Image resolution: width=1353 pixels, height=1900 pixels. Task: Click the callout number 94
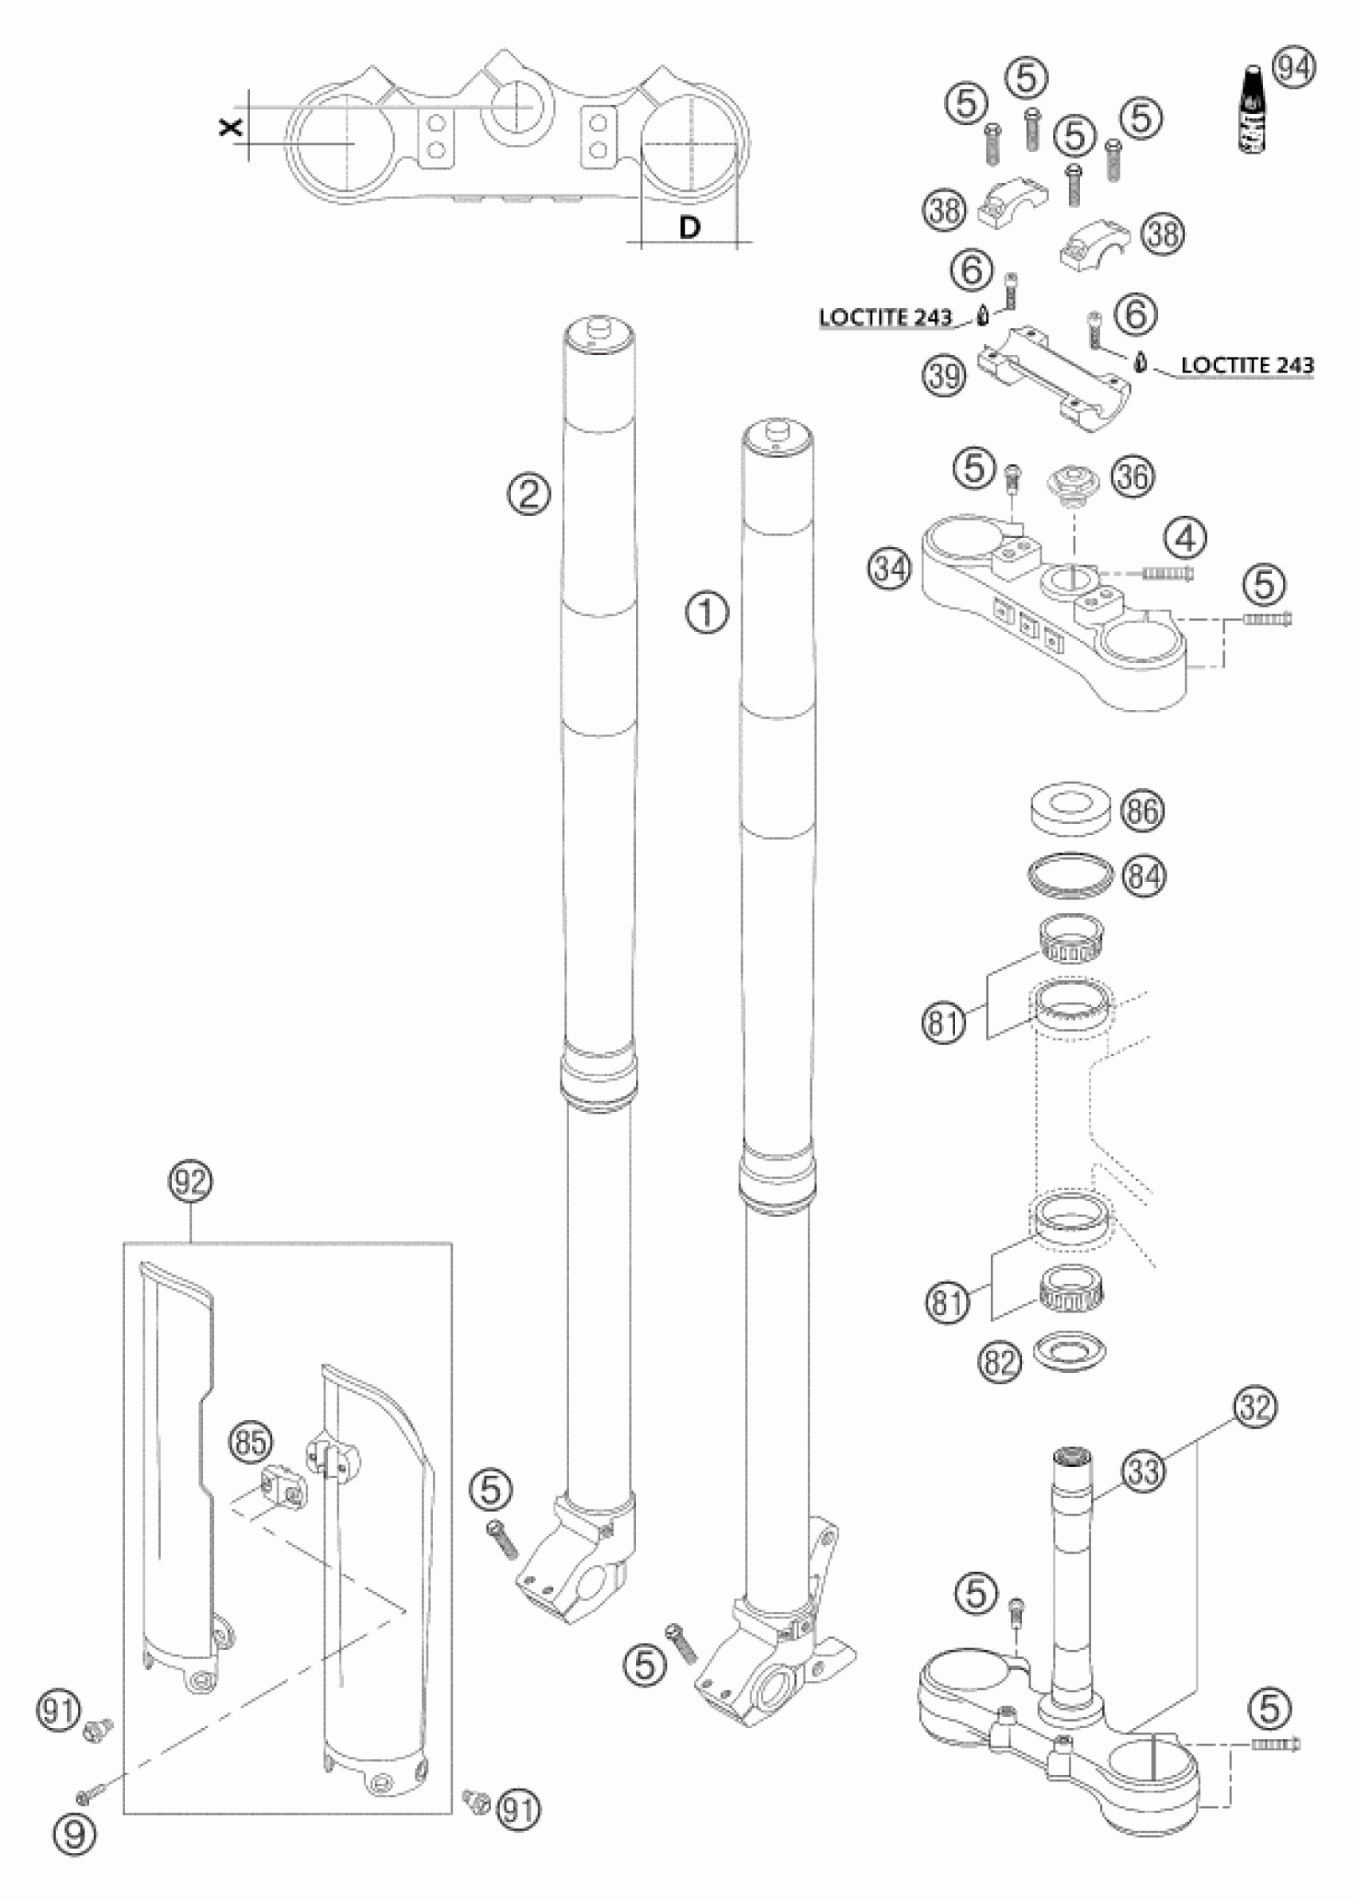(x=1294, y=70)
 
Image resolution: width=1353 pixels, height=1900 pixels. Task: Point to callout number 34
(x=889, y=572)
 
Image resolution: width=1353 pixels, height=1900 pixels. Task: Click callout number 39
(x=944, y=376)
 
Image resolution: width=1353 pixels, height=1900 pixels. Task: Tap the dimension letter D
(x=689, y=227)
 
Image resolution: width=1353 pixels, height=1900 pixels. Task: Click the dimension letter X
(x=231, y=127)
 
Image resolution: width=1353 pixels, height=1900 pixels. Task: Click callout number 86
(x=1142, y=811)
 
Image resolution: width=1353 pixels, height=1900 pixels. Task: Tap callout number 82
(x=1001, y=1362)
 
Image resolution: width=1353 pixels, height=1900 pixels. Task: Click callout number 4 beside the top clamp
(x=1187, y=539)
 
